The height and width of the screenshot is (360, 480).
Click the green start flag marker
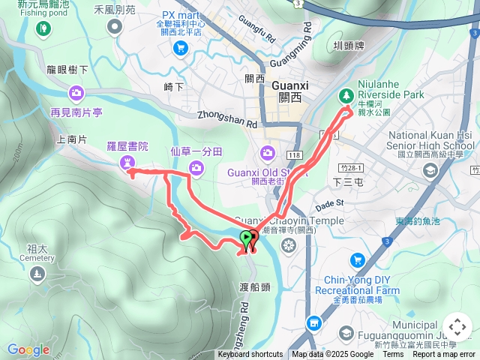pyautogui.click(x=246, y=239)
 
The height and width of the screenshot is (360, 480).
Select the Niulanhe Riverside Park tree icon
pyautogui.click(x=346, y=95)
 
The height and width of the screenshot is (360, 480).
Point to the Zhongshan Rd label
pyautogui.click(x=228, y=116)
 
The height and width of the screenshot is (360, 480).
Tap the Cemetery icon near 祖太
pyautogui.click(x=37, y=275)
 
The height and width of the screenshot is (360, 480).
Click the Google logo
pyautogui.click(x=28, y=349)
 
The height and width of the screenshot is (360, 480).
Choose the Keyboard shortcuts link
pyautogui.click(x=250, y=355)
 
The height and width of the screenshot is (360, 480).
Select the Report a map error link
pyautogui.click(x=443, y=355)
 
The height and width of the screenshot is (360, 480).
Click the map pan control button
pyautogui.click(x=457, y=327)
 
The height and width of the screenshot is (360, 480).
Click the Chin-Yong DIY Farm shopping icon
pyautogui.click(x=357, y=260)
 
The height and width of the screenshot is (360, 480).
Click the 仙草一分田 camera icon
pyautogui.click(x=196, y=167)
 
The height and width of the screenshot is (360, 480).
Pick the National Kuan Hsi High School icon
pyautogui.click(x=430, y=170)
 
